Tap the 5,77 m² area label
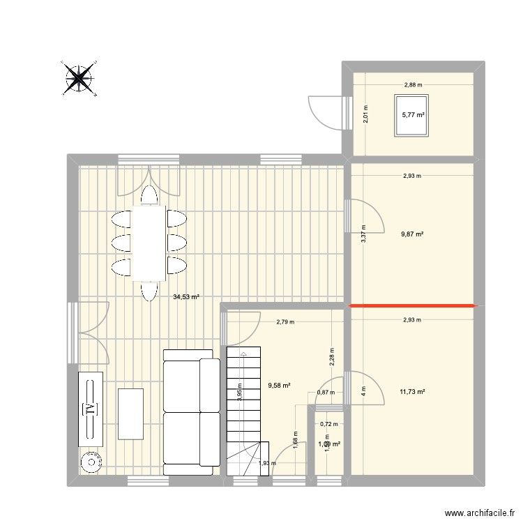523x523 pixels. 414,116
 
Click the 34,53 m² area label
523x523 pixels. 186,297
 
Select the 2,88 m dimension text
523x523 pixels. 413,85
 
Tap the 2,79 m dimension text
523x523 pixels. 285,322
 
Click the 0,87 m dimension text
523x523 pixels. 326,393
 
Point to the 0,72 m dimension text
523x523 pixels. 328,424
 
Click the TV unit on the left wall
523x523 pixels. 90,409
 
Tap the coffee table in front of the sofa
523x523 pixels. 130,414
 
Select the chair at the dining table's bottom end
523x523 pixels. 149,290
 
